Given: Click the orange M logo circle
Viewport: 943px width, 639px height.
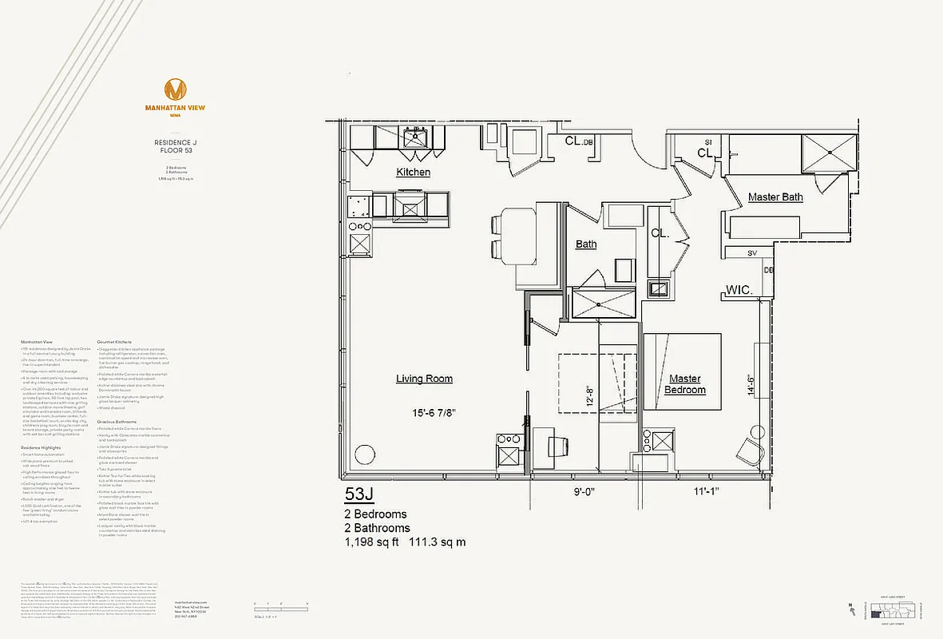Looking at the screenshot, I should point(175,89).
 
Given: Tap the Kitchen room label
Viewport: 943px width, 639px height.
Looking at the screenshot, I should point(414,173).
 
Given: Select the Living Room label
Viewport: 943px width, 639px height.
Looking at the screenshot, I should point(424,379).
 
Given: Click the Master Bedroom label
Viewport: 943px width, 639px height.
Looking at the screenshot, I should point(686,384).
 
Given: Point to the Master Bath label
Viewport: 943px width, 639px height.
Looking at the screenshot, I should point(775,197).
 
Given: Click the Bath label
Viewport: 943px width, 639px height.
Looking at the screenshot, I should point(586,244).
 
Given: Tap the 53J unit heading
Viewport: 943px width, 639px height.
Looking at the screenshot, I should point(360,494).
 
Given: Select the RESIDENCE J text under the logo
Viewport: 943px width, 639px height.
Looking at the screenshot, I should point(175,143).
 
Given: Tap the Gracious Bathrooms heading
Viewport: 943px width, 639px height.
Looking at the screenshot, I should point(117,421).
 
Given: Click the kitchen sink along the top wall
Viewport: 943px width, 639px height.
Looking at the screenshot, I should point(415,138).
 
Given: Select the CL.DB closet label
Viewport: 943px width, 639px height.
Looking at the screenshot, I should point(579,141).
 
